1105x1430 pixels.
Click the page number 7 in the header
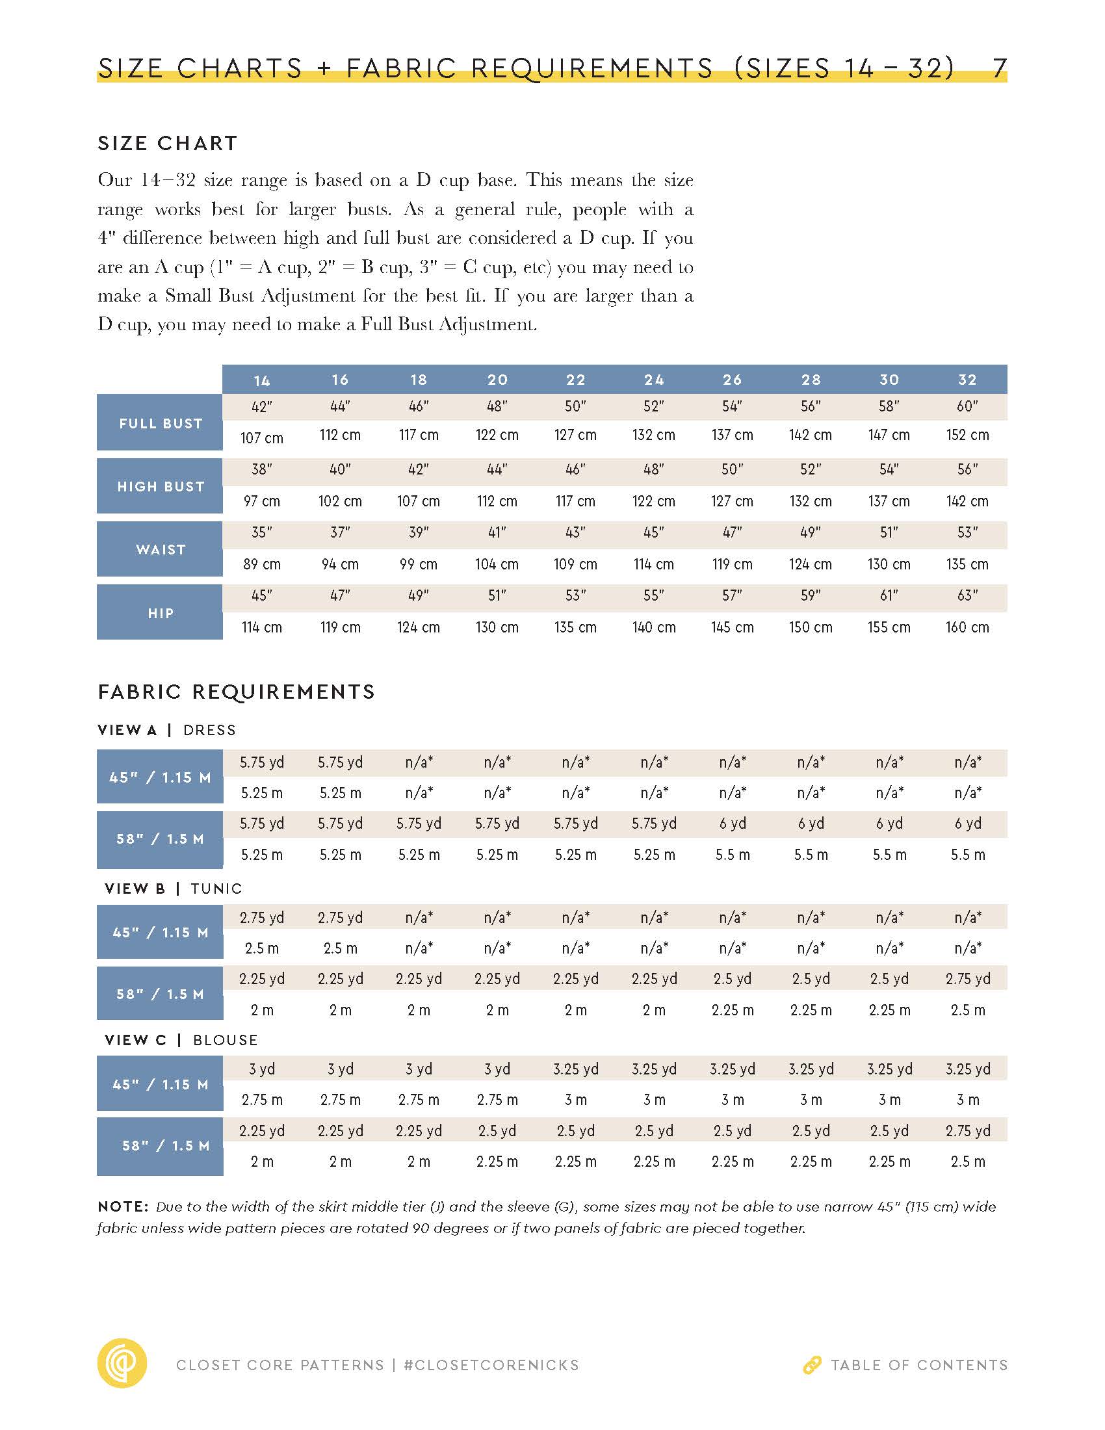(999, 68)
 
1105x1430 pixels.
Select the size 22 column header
(575, 380)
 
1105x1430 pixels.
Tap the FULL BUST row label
(161, 423)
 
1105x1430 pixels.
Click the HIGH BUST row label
(161, 486)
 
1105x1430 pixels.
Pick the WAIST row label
(161, 549)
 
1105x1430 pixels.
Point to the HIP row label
(161, 613)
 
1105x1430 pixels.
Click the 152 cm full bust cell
(967, 435)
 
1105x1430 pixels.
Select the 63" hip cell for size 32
(967, 595)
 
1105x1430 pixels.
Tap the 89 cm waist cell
(261, 564)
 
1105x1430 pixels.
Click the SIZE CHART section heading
(168, 144)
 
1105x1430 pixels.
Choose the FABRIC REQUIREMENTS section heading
(237, 692)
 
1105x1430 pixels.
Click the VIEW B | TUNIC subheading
(173, 889)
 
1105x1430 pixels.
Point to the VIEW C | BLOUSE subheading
(181, 1040)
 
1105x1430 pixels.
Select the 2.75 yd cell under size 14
(261, 917)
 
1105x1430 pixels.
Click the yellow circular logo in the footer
(122, 1364)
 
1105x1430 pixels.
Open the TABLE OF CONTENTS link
(919, 1365)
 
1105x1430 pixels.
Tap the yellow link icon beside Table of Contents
(812, 1365)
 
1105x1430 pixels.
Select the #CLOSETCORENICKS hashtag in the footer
(491, 1365)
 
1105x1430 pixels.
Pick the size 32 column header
(967, 380)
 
